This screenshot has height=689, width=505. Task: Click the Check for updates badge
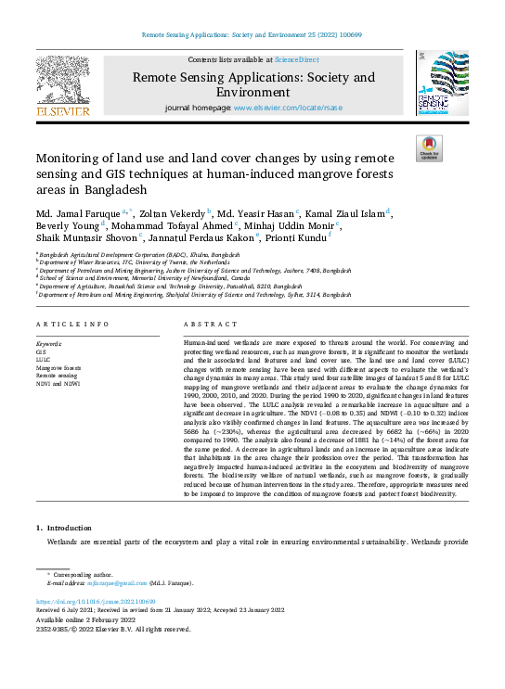point(429,148)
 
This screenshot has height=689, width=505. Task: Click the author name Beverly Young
point(71,225)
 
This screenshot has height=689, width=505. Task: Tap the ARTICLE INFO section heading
point(71,324)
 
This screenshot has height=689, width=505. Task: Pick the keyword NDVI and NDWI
point(58,382)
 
